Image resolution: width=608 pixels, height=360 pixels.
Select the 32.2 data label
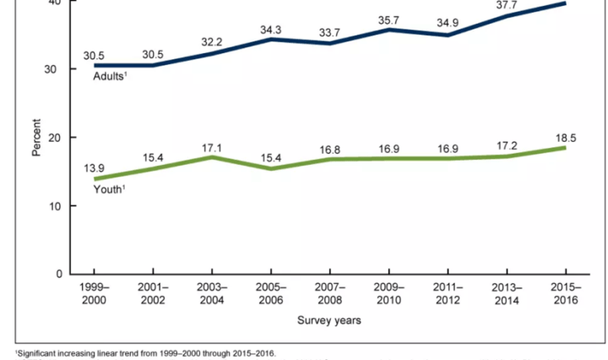pyautogui.click(x=211, y=41)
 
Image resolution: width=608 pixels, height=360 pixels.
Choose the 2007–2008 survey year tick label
pyautogui.click(x=328, y=295)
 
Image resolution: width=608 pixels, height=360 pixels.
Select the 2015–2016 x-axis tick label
pyautogui.click(x=564, y=295)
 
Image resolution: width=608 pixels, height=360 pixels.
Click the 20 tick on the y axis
pyautogui.click(x=53, y=137)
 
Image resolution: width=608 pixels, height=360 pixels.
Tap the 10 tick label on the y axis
pyautogui.click(x=53, y=206)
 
